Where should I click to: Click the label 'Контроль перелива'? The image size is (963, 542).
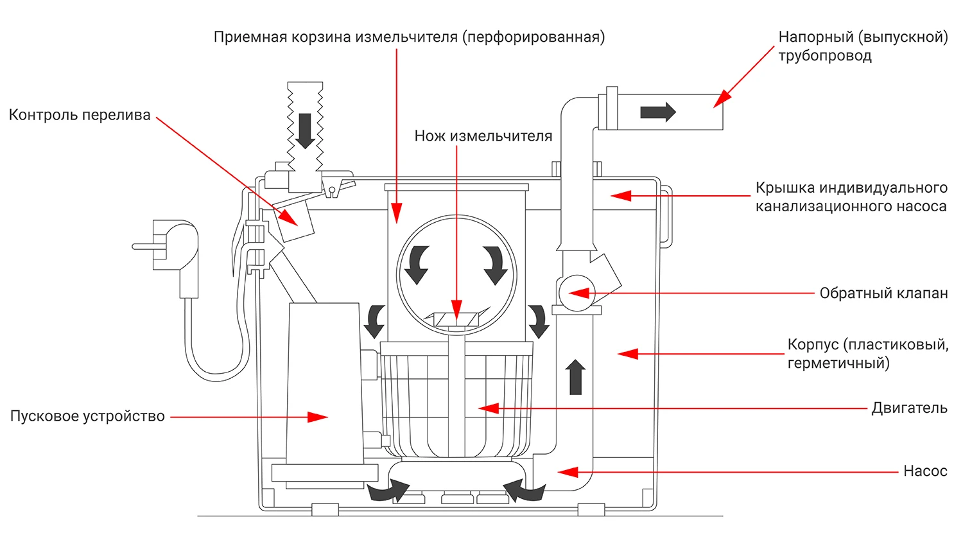[80, 116]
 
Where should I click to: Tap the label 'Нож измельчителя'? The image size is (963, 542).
[483, 136]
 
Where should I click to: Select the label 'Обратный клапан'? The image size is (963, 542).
[883, 293]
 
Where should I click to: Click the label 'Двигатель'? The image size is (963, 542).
[910, 408]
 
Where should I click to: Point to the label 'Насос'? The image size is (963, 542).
[925, 471]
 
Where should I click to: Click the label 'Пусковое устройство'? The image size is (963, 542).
[88, 416]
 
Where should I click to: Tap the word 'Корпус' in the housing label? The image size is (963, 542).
[813, 345]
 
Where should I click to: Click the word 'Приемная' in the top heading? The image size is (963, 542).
[250, 37]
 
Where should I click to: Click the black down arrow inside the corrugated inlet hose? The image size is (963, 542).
[305, 131]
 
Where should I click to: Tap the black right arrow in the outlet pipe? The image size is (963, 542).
[658, 112]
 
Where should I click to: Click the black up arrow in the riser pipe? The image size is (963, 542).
[575, 377]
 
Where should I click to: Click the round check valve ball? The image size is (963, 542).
[577, 293]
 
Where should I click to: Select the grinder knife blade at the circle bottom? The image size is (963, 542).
[456, 319]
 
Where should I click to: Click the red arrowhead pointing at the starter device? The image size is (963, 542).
[318, 417]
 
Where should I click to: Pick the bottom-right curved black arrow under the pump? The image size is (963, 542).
[524, 491]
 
